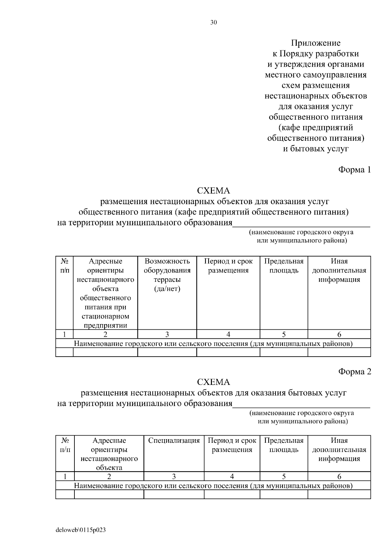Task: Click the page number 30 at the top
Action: point(214,22)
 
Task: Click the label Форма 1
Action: point(354,170)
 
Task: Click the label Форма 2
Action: point(354,372)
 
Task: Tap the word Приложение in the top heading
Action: point(316,43)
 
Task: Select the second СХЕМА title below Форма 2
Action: point(214,382)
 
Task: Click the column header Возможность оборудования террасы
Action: point(167,275)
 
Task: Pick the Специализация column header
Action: point(174,441)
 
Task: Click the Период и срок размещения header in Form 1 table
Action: point(228,266)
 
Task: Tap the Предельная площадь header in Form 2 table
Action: point(284,445)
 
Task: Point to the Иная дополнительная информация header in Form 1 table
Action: point(339,270)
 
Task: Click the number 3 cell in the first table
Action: point(167,334)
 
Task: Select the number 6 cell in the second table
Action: point(339,477)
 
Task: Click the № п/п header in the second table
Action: point(65,445)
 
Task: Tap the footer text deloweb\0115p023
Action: point(81,530)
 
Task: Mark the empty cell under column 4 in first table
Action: point(228,352)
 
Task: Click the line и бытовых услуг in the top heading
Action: point(316,149)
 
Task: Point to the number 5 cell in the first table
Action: point(284,334)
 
